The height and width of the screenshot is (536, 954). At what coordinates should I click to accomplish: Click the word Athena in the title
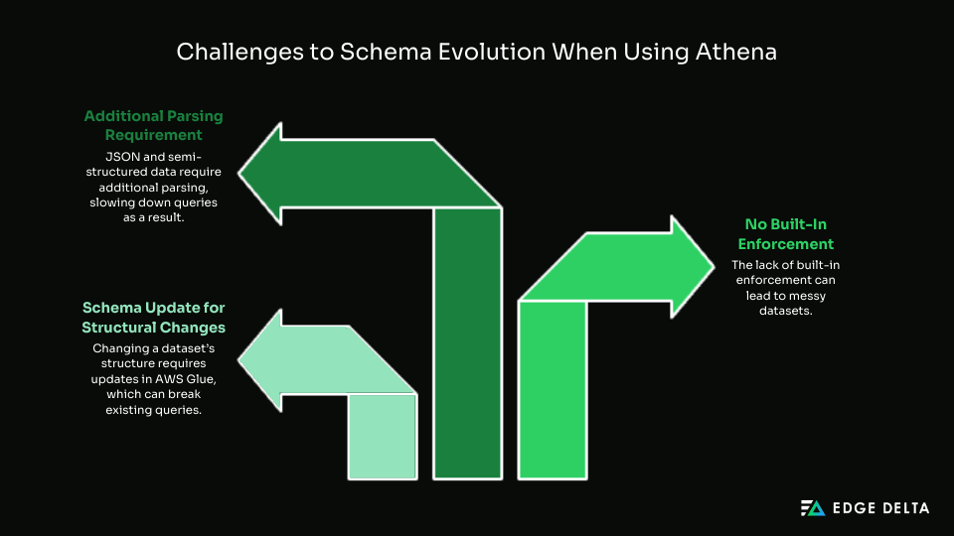(736, 52)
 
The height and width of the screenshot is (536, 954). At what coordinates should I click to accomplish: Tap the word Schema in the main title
(386, 52)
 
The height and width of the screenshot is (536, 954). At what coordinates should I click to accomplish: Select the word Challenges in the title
(239, 53)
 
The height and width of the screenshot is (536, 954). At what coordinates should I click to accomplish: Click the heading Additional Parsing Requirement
(153, 125)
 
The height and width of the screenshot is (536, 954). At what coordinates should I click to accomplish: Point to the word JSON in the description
(123, 157)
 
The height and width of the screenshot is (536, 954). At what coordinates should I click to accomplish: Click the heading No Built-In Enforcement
(785, 234)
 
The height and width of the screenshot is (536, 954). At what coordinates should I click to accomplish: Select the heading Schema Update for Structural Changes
(153, 318)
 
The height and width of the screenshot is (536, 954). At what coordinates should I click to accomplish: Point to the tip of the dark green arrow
(238, 174)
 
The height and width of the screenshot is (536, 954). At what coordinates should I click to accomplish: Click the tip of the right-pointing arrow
(714, 266)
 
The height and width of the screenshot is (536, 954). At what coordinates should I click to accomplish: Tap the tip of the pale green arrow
(238, 360)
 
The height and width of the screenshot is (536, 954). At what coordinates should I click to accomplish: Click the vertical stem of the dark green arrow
(467, 343)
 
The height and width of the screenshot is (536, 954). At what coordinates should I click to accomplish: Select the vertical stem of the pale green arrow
(383, 437)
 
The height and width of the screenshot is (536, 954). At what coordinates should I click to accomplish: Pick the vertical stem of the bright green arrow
(553, 390)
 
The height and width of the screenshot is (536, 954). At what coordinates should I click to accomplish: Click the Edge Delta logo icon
(813, 508)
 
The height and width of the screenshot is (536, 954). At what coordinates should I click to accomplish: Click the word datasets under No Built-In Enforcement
(785, 311)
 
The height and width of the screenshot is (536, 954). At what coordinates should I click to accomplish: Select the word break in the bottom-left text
(185, 394)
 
